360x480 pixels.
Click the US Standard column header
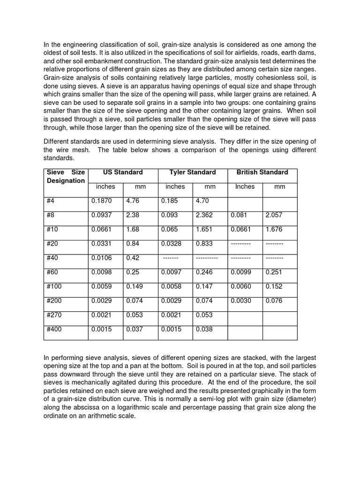coord(123,172)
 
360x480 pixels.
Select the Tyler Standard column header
coord(193,172)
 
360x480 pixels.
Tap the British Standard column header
coord(262,172)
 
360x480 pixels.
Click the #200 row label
coord(54,301)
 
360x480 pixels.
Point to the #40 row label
coord(52,258)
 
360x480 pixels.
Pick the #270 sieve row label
coord(54,315)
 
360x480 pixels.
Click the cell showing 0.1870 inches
coord(102,201)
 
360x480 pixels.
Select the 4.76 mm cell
coord(133,201)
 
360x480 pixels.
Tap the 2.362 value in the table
coord(204,215)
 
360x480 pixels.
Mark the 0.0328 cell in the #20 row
coord(171,244)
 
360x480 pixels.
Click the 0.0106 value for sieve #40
coord(102,258)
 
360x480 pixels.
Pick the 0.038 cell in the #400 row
coord(204,330)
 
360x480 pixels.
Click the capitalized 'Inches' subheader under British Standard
coord(245,187)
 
